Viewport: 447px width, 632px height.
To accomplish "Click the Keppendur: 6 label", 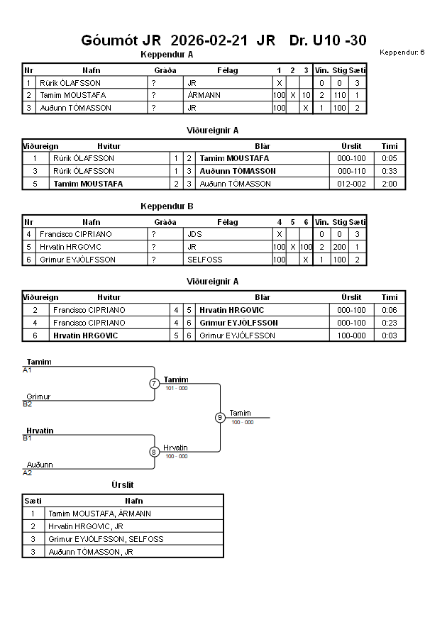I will (x=402, y=52).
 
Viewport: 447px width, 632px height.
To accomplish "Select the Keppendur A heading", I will (x=167, y=55).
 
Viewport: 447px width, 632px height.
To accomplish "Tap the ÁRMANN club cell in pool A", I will (x=204, y=95).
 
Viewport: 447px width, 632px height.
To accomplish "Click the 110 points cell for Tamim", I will (x=340, y=95).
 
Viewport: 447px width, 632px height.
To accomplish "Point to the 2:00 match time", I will (x=389, y=184).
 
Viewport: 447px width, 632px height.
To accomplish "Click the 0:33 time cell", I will (x=389, y=171).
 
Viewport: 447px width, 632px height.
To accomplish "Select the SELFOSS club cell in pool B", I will (x=205, y=260).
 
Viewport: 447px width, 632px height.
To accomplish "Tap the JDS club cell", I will (x=194, y=234).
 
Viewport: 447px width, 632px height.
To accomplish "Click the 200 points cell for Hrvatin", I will (x=340, y=247).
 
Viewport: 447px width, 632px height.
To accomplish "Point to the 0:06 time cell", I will (x=389, y=310).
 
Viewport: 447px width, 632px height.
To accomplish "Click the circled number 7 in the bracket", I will (x=155, y=384).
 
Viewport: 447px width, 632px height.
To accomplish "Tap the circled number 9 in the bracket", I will (x=220, y=417).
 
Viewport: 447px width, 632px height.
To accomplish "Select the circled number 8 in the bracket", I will (x=155, y=452).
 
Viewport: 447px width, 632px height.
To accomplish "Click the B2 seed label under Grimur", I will (x=28, y=404).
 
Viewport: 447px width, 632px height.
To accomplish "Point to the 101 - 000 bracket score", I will (x=176, y=389).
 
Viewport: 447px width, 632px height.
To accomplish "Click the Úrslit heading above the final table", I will (x=123, y=485).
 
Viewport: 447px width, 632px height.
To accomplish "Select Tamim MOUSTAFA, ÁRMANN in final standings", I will (x=99, y=514).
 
